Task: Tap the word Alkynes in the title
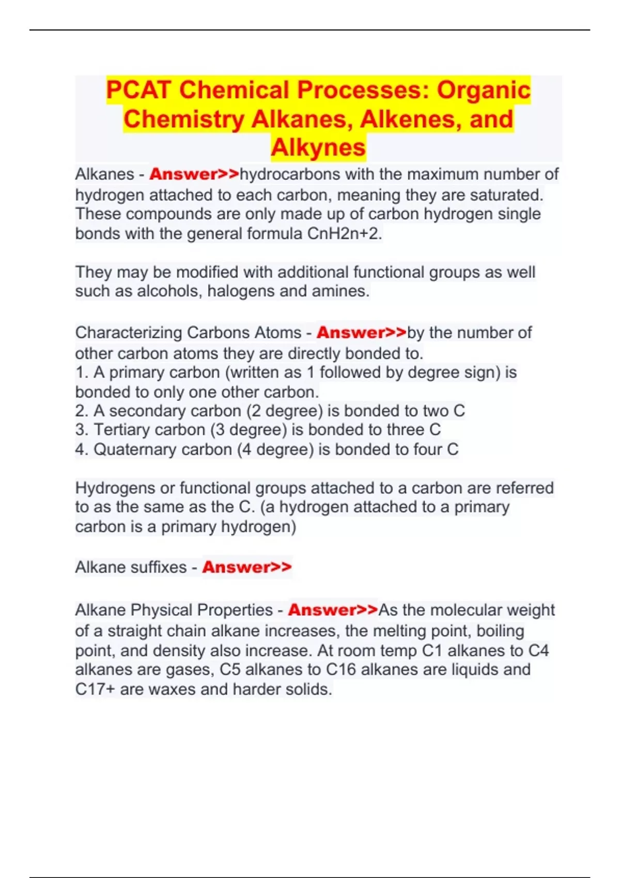318,147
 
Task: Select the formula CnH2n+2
344,234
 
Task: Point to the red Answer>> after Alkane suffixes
246,567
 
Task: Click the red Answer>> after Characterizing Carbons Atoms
361,333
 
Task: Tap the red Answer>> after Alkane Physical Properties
333,610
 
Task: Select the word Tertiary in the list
121,430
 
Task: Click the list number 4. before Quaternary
82,449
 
